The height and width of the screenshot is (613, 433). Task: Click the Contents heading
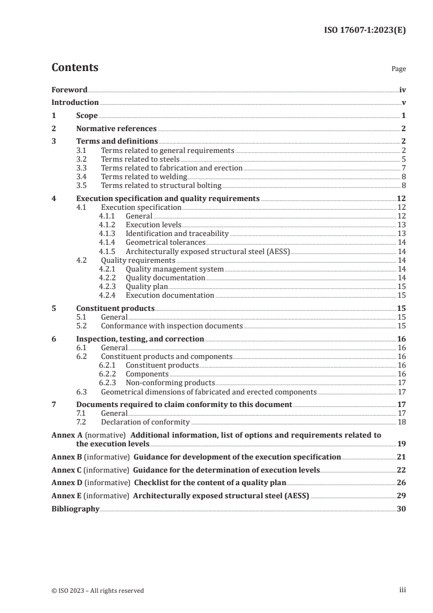pos(75,68)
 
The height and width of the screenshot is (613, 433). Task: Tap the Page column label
pos(399,69)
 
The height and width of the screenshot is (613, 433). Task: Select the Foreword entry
pos(69,89)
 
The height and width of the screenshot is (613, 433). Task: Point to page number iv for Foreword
pos(402,89)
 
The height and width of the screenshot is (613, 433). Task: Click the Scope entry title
pos(87,115)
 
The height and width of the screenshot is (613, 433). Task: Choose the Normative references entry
pos(116,129)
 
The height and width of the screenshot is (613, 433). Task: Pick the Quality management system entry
pos(175,269)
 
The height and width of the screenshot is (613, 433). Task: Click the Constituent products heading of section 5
pos(115,308)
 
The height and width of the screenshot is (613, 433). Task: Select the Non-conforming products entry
pos(170,383)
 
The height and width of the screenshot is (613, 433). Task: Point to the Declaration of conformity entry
pos(145,422)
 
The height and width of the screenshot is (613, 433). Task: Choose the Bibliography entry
pos(75,509)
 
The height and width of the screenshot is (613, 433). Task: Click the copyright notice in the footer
pos(98,590)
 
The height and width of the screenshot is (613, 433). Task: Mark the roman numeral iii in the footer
pos(403,590)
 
